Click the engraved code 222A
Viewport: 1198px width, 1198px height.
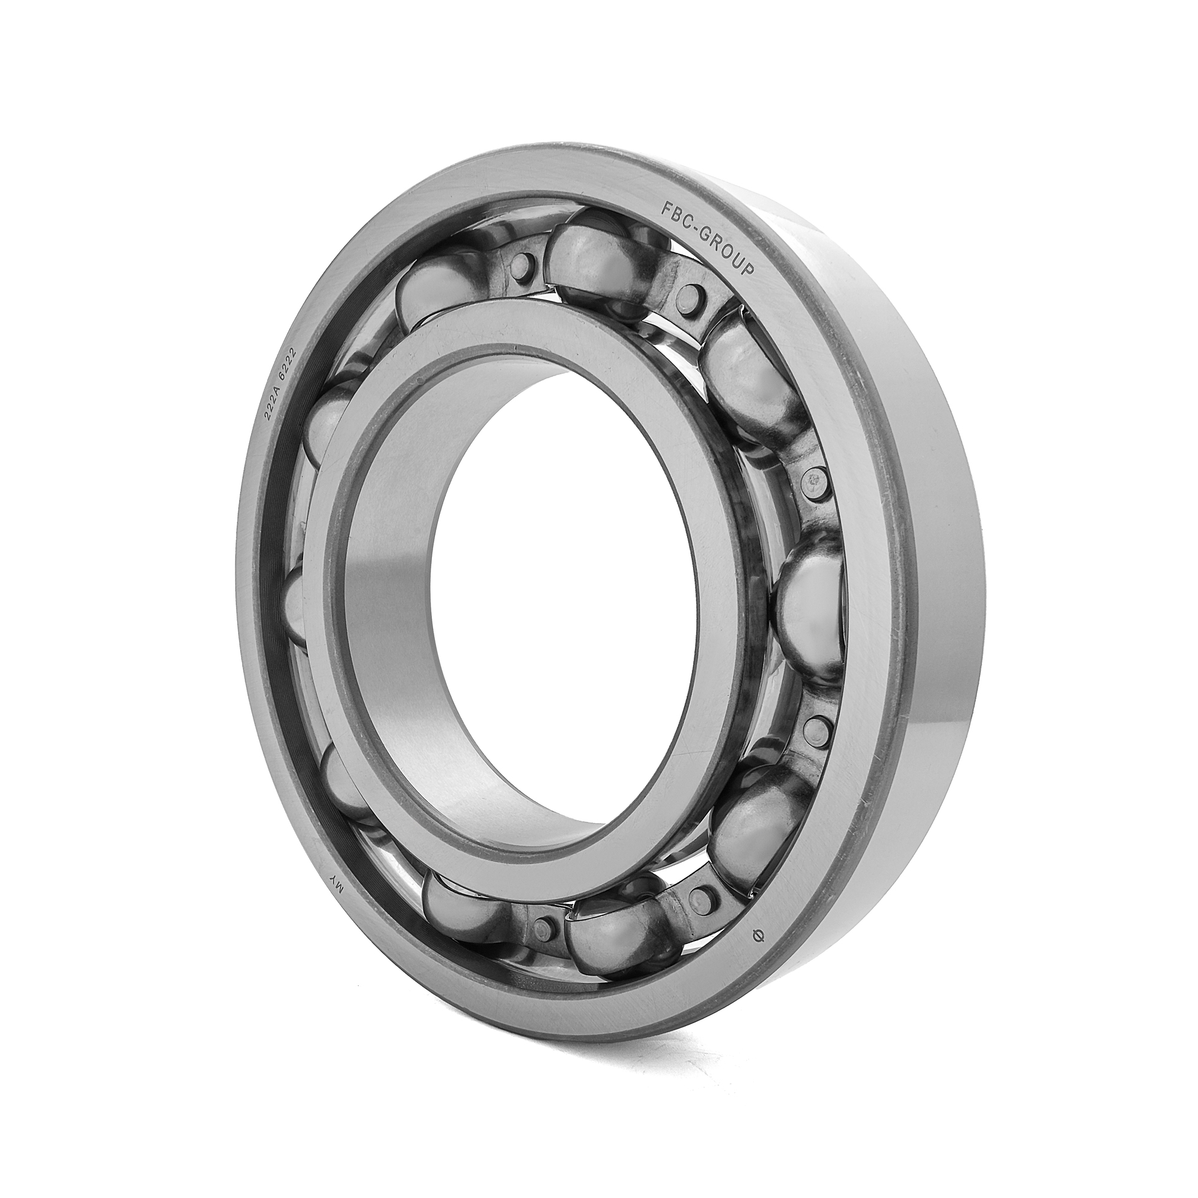(273, 404)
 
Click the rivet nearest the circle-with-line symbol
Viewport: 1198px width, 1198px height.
(703, 895)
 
